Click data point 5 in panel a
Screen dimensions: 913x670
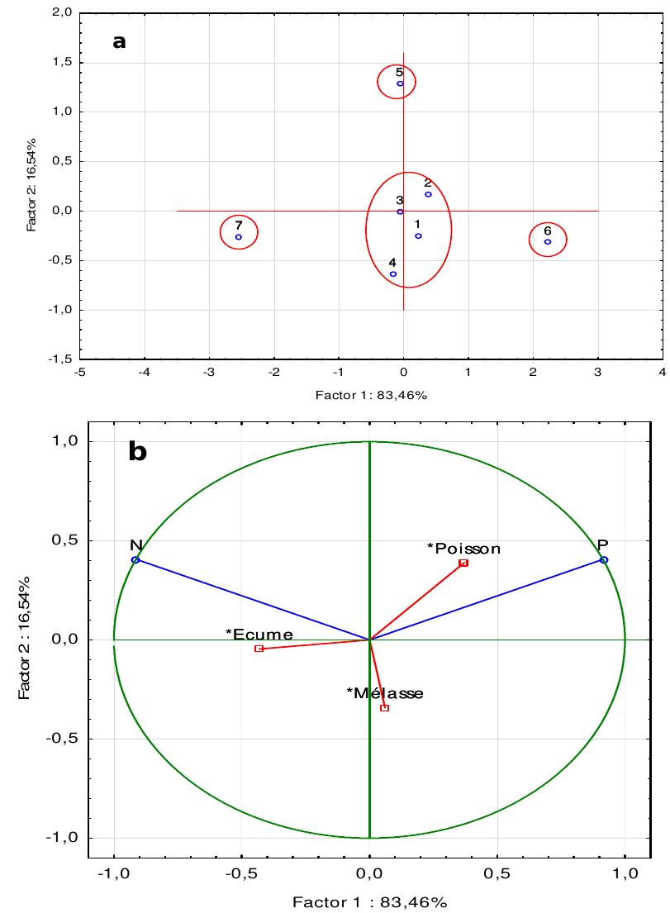pos(400,83)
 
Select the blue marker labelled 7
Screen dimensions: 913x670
pos(239,237)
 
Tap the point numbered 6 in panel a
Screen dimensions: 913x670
pos(548,242)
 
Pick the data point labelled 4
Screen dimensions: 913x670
pos(393,274)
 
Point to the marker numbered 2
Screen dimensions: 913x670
pos(428,194)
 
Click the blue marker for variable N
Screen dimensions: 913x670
pos(135,560)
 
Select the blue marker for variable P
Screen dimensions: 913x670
pos(604,560)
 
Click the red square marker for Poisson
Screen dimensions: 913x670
pos(463,563)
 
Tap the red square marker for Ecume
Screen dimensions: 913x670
pos(259,649)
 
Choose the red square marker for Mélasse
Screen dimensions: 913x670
pos(384,708)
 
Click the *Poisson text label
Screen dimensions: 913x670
pos(463,548)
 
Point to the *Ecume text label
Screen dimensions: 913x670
pos(259,634)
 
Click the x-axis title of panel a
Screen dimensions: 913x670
pos(371,395)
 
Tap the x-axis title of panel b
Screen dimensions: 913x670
pos(369,901)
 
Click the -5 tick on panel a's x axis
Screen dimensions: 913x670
pos(79,373)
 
